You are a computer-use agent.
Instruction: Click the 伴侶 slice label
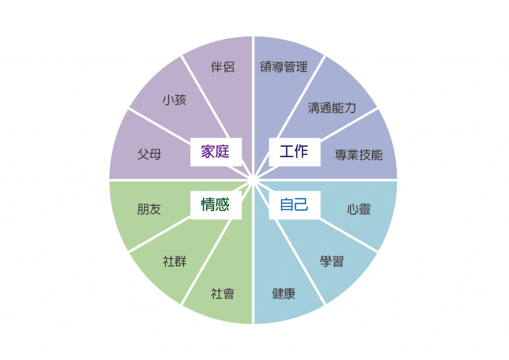click(223, 67)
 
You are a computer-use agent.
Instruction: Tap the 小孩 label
click(174, 99)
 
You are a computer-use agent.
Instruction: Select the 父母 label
click(149, 154)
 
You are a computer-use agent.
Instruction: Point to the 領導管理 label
click(284, 67)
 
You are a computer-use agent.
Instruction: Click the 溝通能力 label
click(332, 108)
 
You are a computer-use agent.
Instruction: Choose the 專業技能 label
click(359, 155)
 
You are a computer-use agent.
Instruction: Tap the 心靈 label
click(359, 209)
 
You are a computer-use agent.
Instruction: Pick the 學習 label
click(332, 262)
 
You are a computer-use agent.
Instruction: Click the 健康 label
click(284, 294)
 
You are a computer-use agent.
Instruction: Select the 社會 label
click(223, 294)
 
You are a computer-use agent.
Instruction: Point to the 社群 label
click(174, 262)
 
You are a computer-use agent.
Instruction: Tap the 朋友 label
click(149, 209)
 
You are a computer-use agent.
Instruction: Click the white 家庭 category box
click(216, 152)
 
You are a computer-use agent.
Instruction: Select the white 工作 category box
click(295, 152)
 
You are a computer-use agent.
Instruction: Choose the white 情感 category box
click(216, 205)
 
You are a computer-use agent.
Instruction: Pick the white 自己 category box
click(295, 205)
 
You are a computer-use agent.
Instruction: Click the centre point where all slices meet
click(253, 180)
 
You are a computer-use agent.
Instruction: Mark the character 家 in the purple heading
click(208, 152)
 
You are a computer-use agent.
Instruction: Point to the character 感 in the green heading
click(223, 205)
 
